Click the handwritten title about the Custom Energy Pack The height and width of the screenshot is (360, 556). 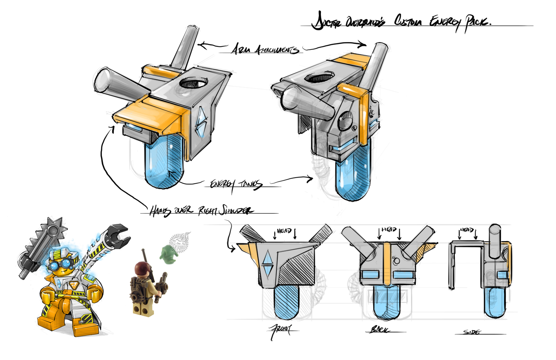(402, 21)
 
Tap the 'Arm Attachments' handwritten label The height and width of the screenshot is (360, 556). (264, 49)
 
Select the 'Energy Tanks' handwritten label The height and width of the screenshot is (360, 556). (236, 184)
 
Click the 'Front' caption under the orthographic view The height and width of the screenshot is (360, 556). (281, 330)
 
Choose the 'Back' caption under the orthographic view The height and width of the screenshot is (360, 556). (380, 329)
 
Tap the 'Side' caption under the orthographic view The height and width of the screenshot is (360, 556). (472, 332)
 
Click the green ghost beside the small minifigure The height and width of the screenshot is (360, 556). (169, 254)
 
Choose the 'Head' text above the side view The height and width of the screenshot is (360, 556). (467, 230)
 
